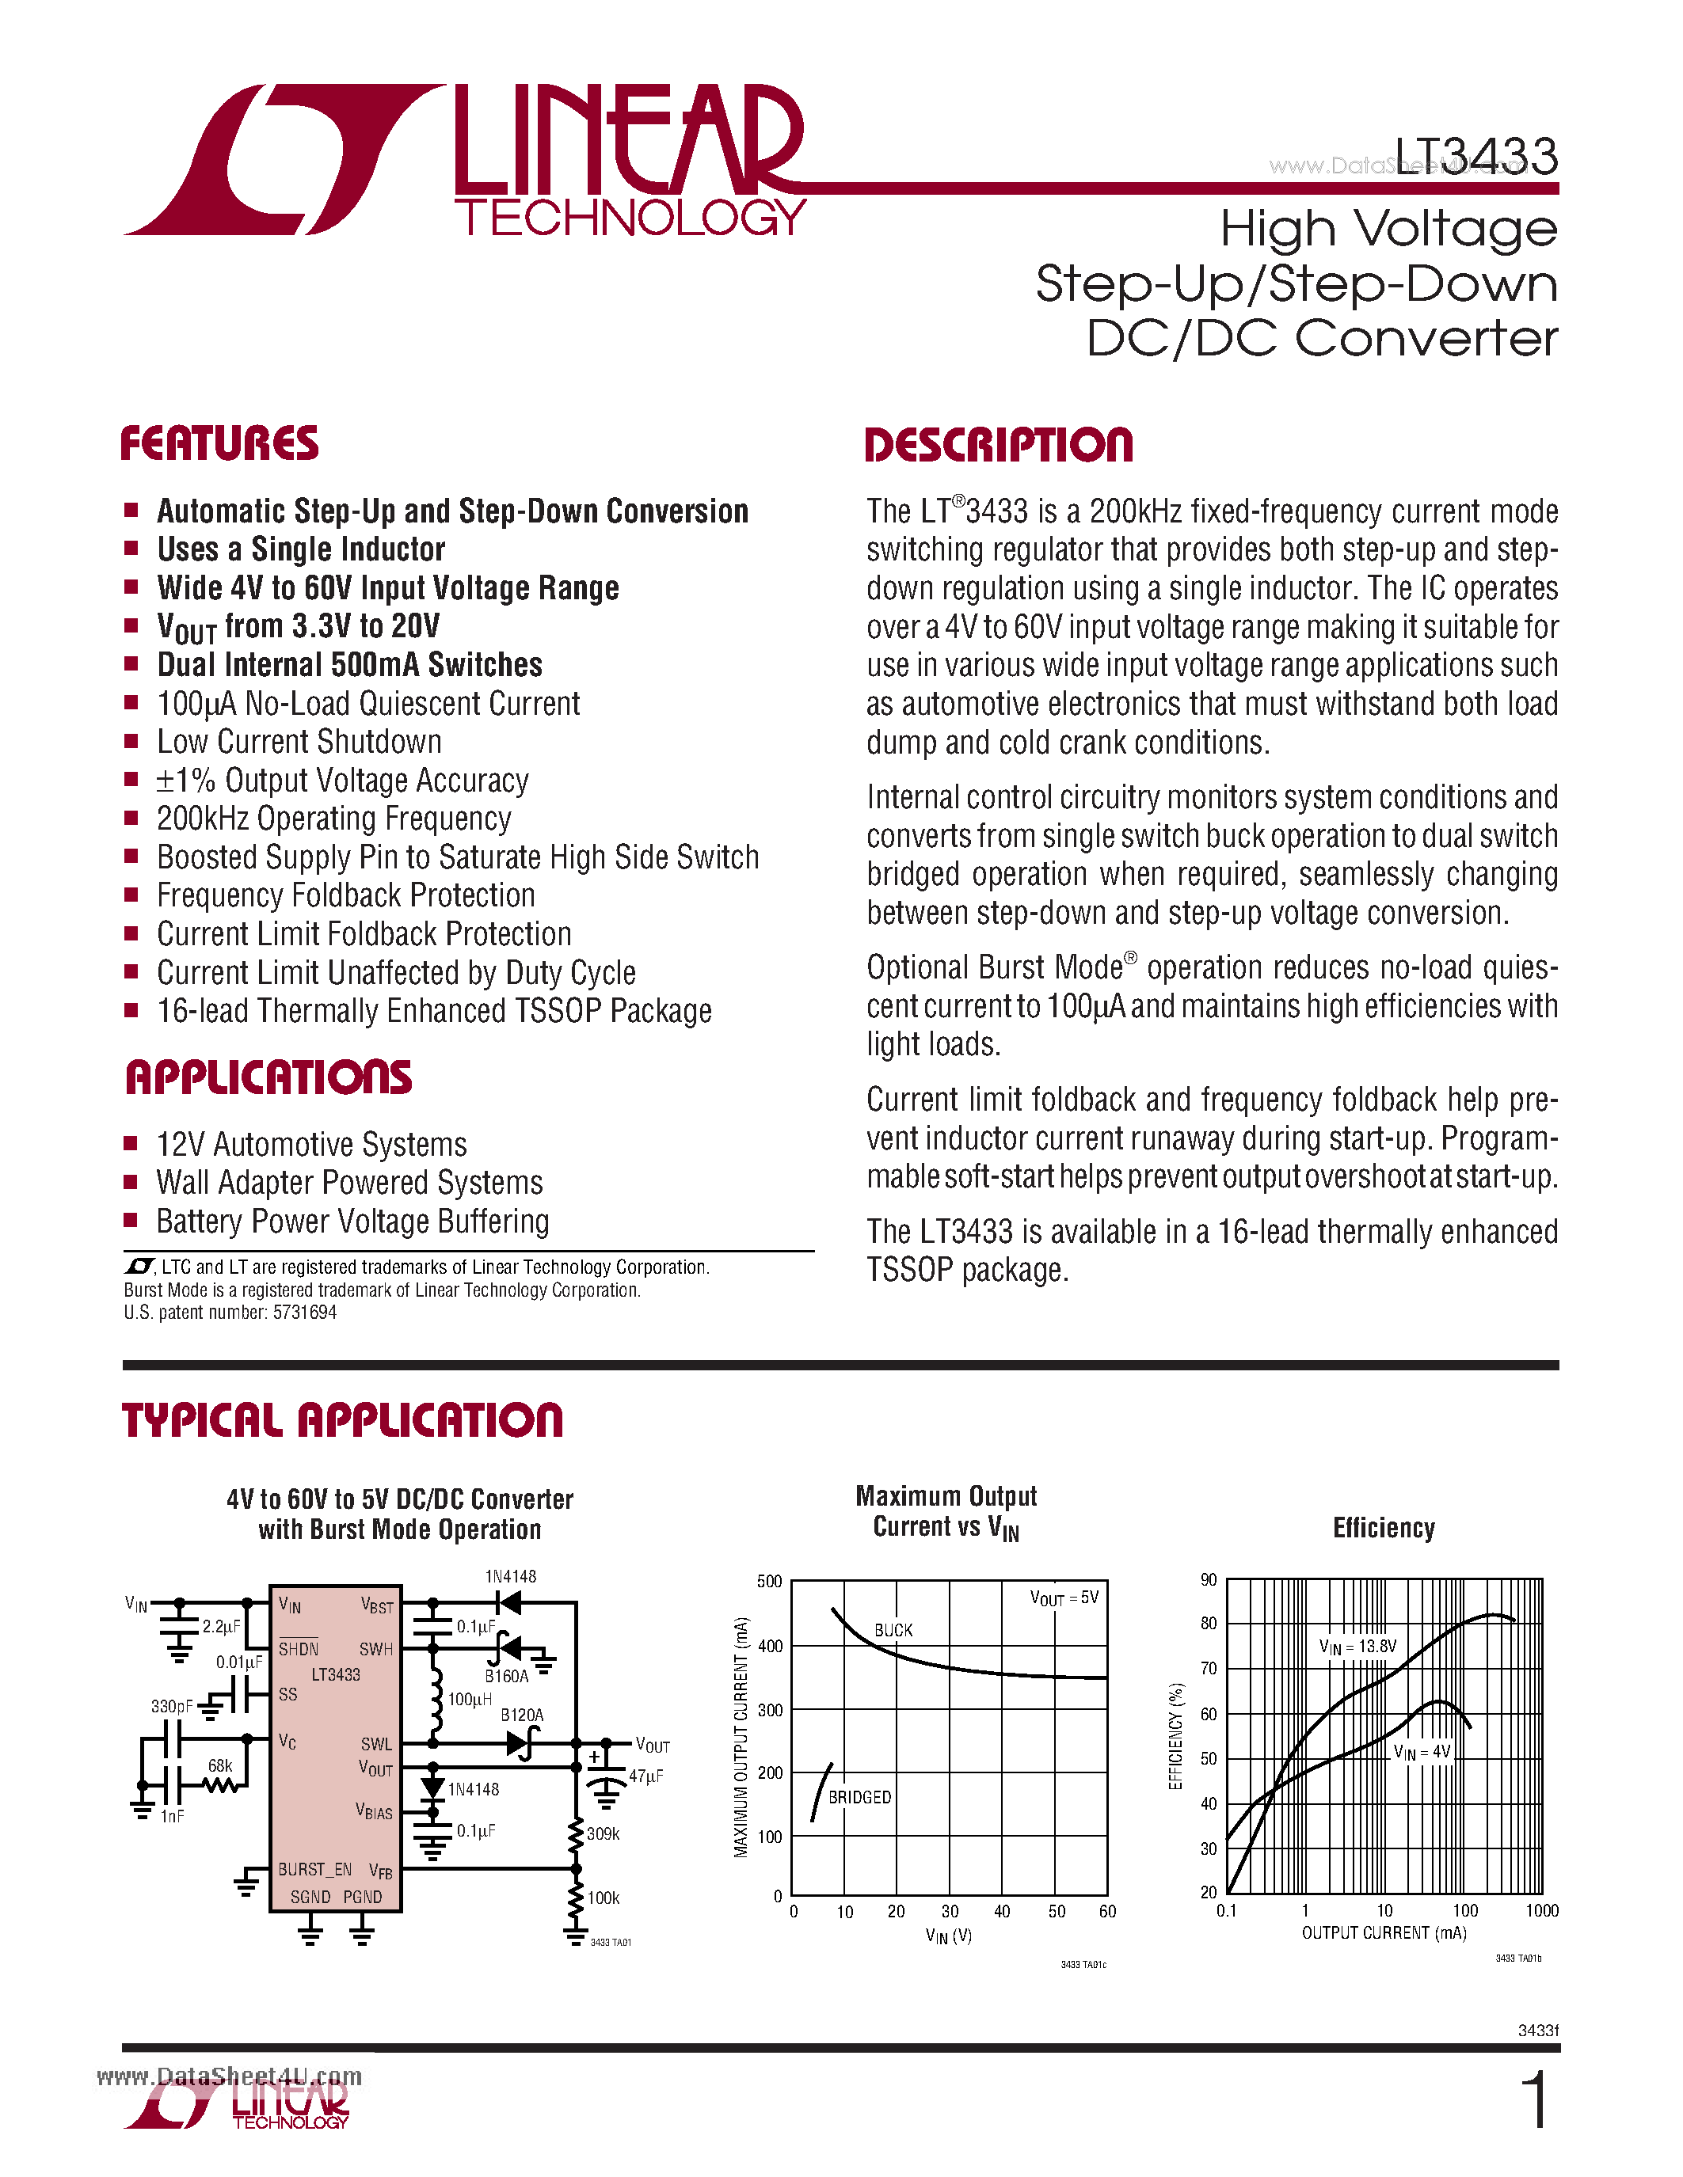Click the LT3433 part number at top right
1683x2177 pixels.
[x=1475, y=157]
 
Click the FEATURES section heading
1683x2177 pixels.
[x=219, y=443]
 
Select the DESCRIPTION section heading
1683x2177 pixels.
[x=998, y=445]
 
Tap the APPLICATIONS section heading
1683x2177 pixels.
[x=268, y=1077]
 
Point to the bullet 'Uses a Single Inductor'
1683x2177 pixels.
[x=300, y=549]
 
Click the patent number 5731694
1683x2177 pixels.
[x=304, y=1313]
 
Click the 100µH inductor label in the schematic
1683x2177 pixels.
[x=469, y=1699]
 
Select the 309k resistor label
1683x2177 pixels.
[x=604, y=1833]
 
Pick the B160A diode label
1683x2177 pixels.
[x=507, y=1676]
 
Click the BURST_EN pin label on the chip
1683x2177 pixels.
[x=314, y=1869]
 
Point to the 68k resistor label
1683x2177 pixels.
[x=219, y=1765]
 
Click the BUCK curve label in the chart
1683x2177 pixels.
[x=893, y=1630]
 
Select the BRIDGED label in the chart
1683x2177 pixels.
[x=859, y=1796]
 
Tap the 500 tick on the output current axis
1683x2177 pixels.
[x=769, y=1581]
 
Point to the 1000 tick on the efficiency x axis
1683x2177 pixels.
[x=1541, y=1910]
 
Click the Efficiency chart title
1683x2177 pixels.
[x=1383, y=1528]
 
